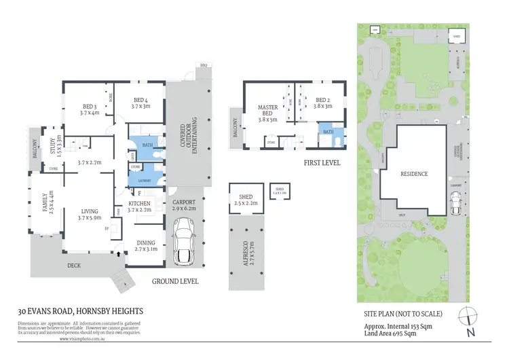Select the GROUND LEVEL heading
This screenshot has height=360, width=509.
[175, 281]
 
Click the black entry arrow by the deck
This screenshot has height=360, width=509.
[121, 253]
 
